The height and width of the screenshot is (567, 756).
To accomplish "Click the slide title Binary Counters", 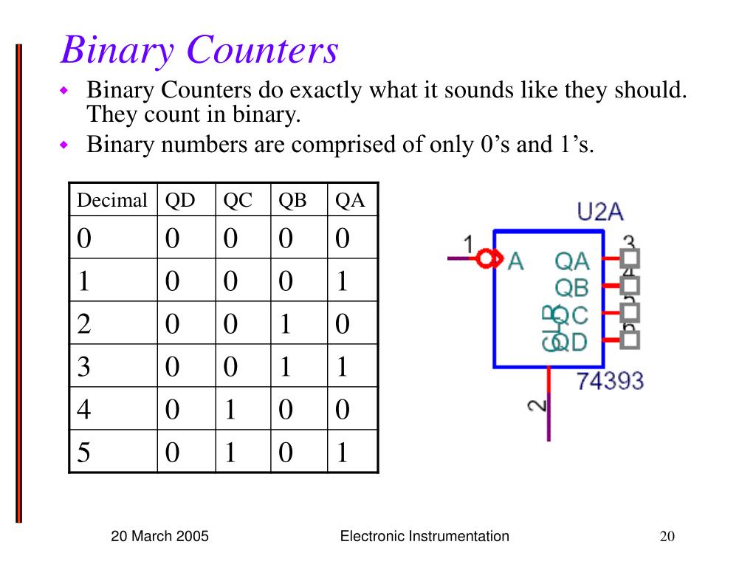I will (x=199, y=50).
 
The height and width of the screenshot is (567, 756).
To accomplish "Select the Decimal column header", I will (x=112, y=200).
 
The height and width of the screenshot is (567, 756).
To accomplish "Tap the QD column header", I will (x=180, y=200).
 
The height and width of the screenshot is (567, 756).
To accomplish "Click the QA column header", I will (x=350, y=200).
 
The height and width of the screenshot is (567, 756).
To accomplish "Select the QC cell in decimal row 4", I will (x=230, y=410).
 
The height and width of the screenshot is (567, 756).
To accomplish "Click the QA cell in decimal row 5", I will (x=342, y=452).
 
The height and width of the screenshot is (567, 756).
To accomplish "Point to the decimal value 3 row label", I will (x=84, y=367).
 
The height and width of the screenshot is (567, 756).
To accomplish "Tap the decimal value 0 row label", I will (x=85, y=238).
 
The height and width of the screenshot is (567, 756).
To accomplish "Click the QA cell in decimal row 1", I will (x=342, y=281).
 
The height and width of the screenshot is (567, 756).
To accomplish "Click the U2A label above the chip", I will (x=599, y=213).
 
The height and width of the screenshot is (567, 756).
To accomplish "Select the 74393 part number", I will (x=609, y=381).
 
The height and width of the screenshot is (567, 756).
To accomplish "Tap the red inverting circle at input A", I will (x=485, y=259).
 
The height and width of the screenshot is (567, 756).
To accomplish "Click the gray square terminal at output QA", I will (x=630, y=258).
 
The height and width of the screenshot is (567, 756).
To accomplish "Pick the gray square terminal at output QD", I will (x=630, y=340).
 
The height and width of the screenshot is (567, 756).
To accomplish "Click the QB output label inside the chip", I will (x=572, y=286).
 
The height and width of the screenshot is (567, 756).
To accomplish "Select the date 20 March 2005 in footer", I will (x=159, y=537).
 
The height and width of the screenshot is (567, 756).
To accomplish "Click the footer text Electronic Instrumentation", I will (x=425, y=537).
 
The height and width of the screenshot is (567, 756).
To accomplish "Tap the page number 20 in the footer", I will (x=667, y=537).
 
